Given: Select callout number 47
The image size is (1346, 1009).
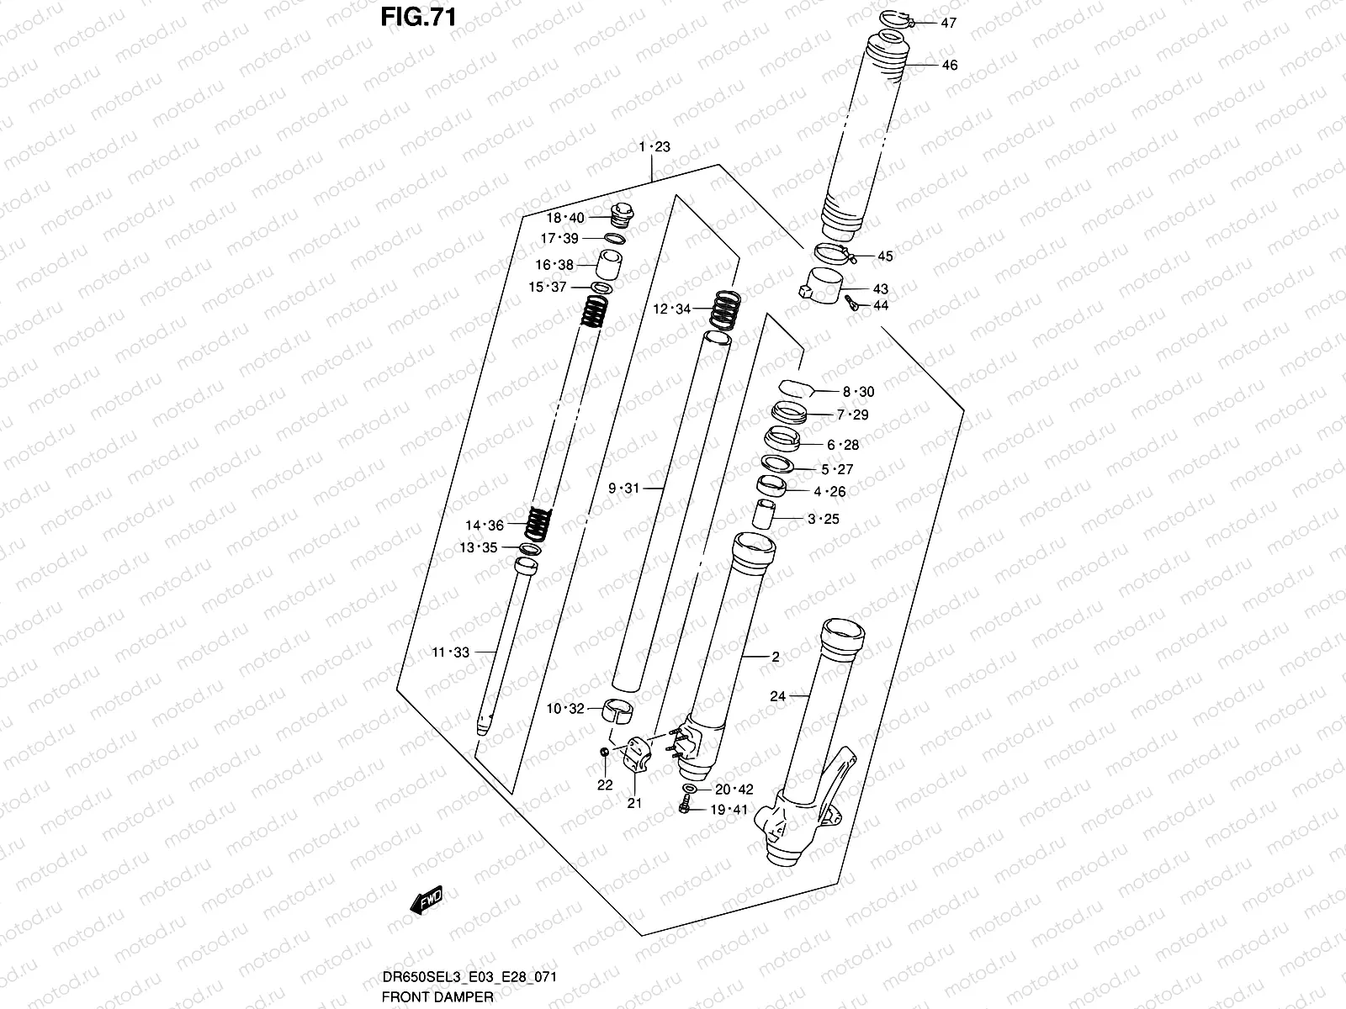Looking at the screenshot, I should point(949,24).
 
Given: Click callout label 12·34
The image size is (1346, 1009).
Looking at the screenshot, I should point(671,309).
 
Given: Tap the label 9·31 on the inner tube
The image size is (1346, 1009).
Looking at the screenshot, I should point(624,488).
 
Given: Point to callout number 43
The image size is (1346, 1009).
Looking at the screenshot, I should point(880,289).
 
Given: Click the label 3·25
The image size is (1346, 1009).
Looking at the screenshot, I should point(824,519).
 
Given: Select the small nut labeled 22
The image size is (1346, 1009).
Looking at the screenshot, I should point(605,751).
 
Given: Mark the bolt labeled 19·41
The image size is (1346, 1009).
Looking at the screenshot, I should point(684,809).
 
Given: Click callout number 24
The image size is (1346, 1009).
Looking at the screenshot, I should point(777,696).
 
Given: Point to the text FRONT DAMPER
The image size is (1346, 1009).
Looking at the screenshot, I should point(437,996).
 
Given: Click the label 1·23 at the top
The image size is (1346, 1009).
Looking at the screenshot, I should point(654,147).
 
